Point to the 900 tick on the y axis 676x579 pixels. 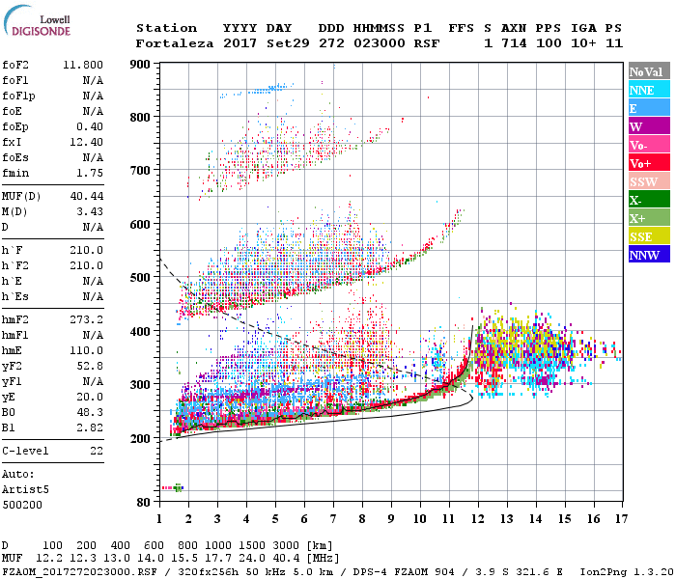141,65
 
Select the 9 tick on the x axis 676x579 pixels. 391,519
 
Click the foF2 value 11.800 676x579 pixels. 84,65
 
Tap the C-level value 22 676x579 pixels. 97,451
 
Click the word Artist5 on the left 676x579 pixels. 25,489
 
